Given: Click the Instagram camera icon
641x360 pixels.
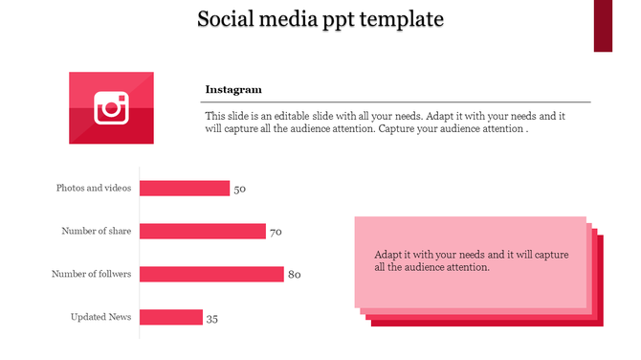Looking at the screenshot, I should coord(111,108).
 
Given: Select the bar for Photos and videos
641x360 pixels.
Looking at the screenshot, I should coord(185,188).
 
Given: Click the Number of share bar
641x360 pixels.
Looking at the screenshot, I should coord(203,231).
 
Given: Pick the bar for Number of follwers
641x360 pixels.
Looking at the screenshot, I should coord(211,274).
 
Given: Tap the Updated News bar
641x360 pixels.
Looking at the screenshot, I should coord(171,317).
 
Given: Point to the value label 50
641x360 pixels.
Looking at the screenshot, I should coord(240,190).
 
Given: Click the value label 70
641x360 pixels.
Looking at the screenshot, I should coord(276,233).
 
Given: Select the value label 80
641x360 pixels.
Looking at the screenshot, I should coord(295,276).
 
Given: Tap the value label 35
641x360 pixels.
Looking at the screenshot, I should coord(212,319).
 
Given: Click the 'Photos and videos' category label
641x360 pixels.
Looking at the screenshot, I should coord(94,188).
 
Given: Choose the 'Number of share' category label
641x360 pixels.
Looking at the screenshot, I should coord(97,231).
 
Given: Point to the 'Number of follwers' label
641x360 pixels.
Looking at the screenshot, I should coord(92,274).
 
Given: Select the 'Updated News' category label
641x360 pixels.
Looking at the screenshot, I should coord(101,317).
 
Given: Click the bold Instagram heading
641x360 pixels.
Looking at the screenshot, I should coord(233,90).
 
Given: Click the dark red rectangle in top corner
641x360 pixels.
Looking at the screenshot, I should coord(603,25).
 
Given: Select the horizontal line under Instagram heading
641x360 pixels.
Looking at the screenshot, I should coord(397,101).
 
